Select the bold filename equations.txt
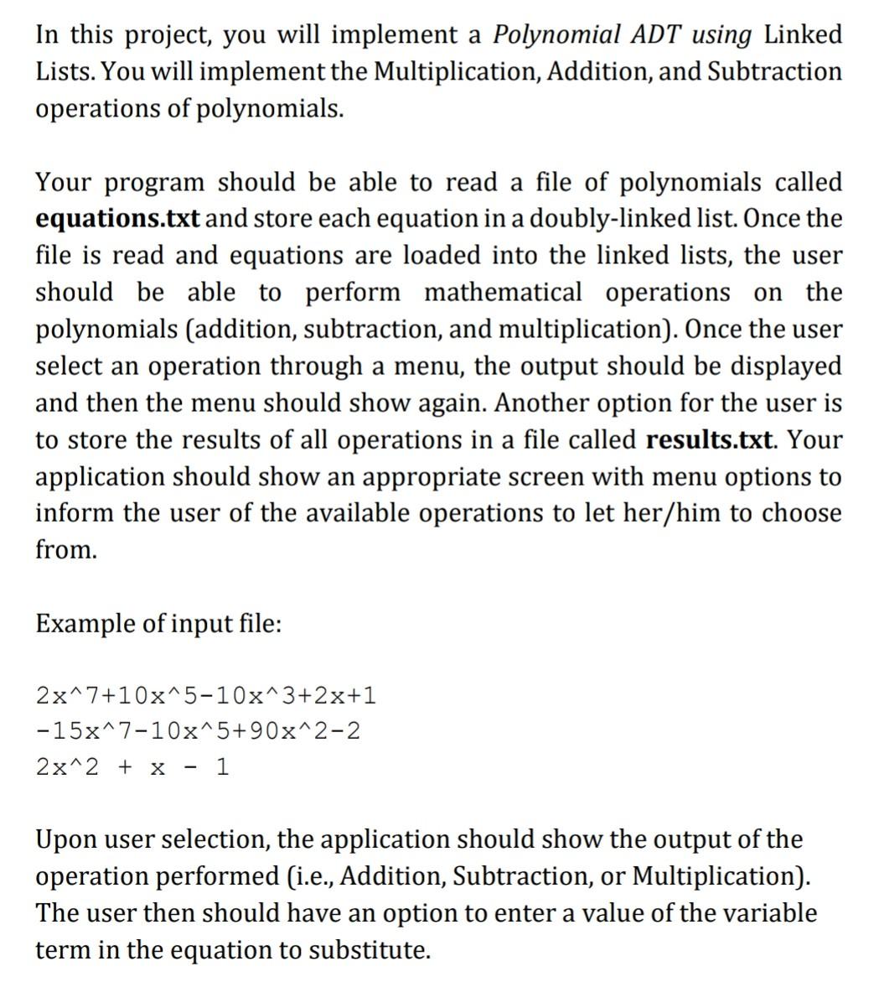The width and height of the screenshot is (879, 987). click(x=117, y=219)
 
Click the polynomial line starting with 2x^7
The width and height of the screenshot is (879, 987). click(x=206, y=695)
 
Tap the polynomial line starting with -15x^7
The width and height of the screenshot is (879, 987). click(x=199, y=731)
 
